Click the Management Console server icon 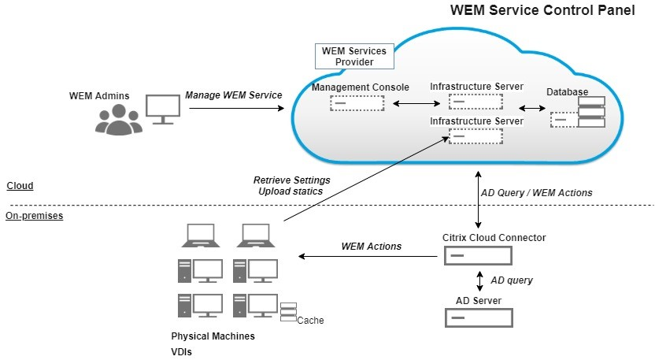coord(357,103)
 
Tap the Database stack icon coord(590,112)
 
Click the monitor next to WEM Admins coord(164,109)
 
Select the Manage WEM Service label coord(233,95)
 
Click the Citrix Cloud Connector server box coord(478,256)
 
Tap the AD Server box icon coord(478,317)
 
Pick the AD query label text coord(512,280)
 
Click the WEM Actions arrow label coord(371,247)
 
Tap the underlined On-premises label coord(34,215)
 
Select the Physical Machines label coord(213,336)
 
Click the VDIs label coord(182,352)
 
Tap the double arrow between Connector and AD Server coord(480,280)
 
